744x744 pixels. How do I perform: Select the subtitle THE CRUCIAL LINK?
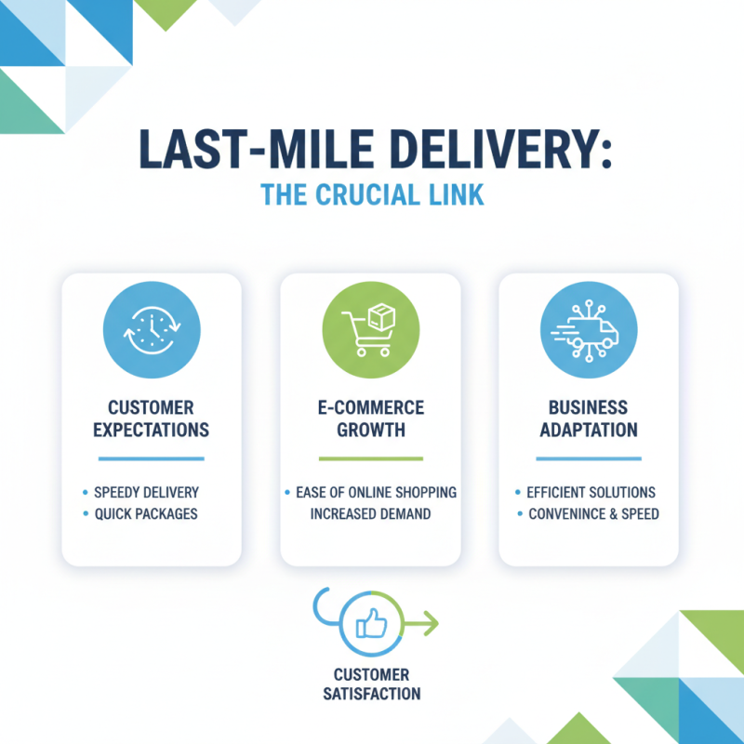372,196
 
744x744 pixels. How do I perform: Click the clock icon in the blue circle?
152,331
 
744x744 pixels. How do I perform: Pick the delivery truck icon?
589,331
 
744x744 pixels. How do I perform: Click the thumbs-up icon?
371,625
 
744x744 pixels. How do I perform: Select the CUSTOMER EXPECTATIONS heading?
152,418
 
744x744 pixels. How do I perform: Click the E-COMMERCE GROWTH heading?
370,418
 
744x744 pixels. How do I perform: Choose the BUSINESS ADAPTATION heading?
589,418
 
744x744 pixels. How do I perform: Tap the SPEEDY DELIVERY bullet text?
146,492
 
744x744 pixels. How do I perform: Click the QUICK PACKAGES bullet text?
146,513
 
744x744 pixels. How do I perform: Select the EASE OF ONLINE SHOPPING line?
376,492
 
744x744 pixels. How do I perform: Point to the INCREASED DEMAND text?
370,513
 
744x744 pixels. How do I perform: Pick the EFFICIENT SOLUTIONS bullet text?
591,492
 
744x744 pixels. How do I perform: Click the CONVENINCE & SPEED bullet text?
592,513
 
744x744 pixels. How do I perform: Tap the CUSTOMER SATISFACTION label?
371,684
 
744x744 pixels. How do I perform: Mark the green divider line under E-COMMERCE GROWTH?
370,458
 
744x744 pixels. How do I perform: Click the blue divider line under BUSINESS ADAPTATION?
589,458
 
